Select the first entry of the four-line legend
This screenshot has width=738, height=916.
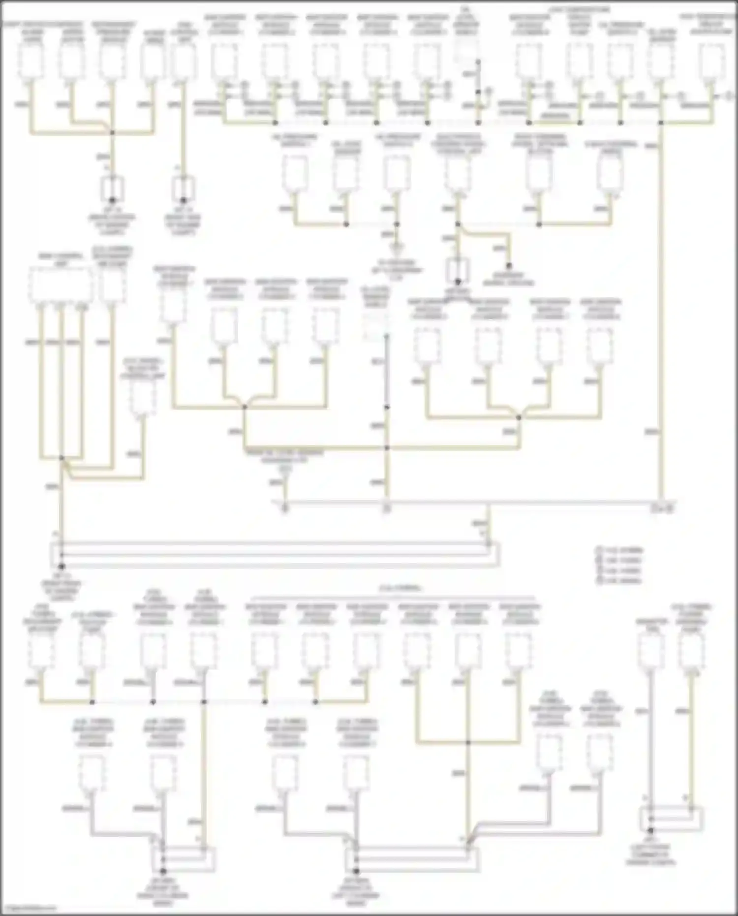(619, 550)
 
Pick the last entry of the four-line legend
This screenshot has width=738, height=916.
(619, 581)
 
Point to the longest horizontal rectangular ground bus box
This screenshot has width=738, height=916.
(276, 554)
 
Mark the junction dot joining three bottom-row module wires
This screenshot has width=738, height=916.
(468, 742)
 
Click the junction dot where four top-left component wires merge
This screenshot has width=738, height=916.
(112, 132)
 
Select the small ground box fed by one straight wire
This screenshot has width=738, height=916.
(183, 190)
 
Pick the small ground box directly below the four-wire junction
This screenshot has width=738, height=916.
(112, 190)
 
